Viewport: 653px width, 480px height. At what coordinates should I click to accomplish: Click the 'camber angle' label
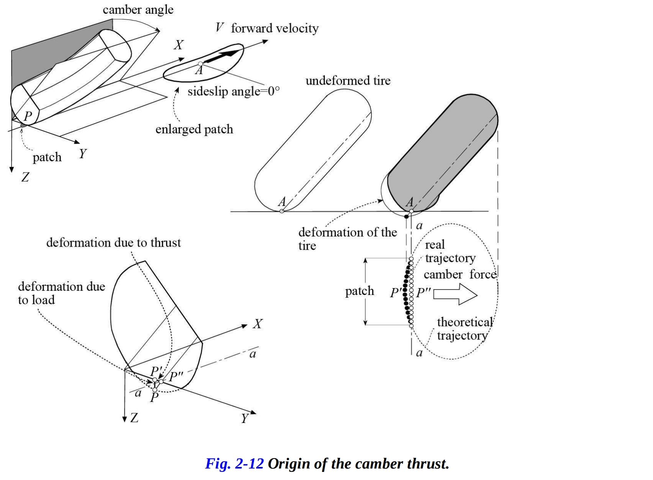tap(138, 10)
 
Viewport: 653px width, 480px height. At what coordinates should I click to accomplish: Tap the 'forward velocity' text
tap(275, 28)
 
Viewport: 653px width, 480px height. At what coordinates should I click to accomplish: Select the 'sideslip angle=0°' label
tap(233, 92)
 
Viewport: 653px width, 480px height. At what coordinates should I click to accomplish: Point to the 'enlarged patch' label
tap(194, 129)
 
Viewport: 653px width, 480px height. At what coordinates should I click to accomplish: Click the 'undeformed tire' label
tap(348, 81)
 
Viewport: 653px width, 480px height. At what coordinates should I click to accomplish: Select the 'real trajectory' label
tap(450, 251)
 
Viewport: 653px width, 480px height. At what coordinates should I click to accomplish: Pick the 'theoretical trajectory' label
tap(465, 329)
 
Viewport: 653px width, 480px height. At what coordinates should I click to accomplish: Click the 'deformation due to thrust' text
tap(113, 243)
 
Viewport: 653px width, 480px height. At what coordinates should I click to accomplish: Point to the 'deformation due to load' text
tap(61, 293)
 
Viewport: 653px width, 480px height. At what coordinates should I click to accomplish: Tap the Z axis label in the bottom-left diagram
tap(134, 418)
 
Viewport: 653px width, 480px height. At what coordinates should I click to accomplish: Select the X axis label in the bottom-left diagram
tap(257, 324)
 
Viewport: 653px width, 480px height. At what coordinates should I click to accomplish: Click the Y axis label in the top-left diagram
tap(83, 154)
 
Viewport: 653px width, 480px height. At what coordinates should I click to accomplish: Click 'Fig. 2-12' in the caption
tap(234, 464)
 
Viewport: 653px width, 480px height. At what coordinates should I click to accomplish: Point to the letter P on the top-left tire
tap(28, 116)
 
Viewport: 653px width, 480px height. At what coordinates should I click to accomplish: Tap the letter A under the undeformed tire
tap(282, 202)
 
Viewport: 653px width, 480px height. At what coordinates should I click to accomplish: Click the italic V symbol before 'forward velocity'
tap(219, 28)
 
